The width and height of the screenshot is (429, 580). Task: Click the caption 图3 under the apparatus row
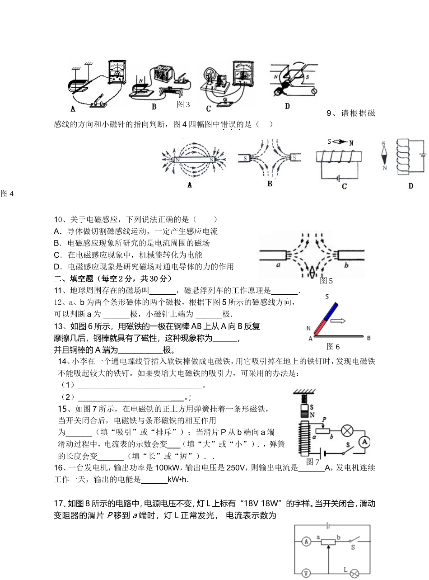(183, 104)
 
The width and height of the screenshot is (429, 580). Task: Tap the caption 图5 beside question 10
(326, 281)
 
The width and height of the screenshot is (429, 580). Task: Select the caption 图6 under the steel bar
(333, 346)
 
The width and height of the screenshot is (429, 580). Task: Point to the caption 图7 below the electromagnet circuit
(312, 462)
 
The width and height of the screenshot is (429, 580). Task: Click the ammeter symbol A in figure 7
(364, 443)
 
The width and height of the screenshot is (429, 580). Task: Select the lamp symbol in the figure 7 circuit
(346, 430)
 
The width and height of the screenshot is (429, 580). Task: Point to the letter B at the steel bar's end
(369, 338)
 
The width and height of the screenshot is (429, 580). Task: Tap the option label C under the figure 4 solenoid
(344, 186)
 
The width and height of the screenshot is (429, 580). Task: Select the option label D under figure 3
(287, 106)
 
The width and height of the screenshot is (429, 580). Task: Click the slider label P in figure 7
(324, 420)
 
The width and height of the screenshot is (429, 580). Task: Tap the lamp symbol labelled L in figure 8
(355, 573)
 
